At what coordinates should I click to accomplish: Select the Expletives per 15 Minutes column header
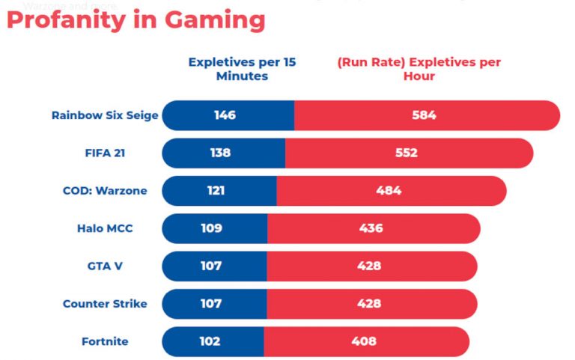coord(242,69)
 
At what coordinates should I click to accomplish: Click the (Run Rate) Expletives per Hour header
coord(419,69)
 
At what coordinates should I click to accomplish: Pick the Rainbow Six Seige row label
coord(105,115)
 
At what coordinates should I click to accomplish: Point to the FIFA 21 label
coord(105,153)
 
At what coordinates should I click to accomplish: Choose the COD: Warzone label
coord(105,190)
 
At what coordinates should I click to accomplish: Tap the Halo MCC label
coord(105,228)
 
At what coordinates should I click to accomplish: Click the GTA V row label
coord(105,266)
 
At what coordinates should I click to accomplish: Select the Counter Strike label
coord(105,304)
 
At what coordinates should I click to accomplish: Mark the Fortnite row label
coord(105,341)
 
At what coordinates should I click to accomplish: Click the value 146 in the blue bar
coord(225,115)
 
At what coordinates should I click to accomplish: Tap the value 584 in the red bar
coord(424,115)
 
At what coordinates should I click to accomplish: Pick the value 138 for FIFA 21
coord(220,153)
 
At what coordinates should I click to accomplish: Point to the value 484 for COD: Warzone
coord(389,190)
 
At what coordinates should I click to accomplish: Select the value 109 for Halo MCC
coord(211,228)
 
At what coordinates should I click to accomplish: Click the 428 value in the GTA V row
coord(369,266)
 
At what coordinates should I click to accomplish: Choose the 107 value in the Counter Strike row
coord(211,304)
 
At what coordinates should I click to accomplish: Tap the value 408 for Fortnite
coord(364,341)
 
